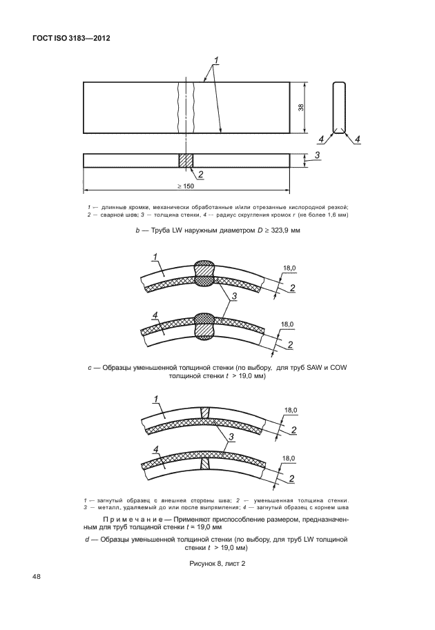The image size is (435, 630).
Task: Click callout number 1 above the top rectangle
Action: click(217, 60)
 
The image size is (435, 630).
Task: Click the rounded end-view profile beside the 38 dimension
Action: click(338, 107)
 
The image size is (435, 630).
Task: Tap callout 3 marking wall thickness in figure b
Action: click(317, 155)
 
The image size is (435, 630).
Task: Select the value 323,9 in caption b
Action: click(276, 230)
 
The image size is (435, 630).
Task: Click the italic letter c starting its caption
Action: click(90, 368)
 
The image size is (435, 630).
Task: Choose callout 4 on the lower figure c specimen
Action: click(155, 317)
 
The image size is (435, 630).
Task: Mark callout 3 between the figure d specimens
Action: click(231, 437)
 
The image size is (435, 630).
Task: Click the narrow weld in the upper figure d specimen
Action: click(204, 413)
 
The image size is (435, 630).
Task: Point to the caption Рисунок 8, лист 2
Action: click(217, 564)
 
